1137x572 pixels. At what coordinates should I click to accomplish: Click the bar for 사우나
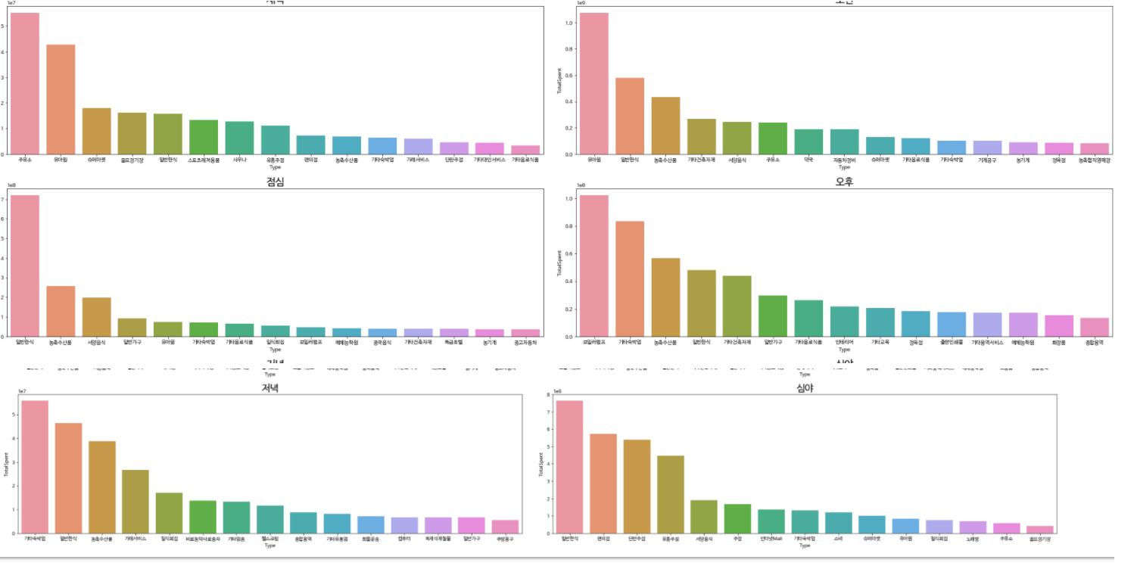[239, 138]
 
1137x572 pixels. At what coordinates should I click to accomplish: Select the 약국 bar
[808, 141]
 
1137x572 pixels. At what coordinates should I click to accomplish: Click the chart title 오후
[844, 182]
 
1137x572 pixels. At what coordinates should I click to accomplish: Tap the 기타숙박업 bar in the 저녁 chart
[35, 466]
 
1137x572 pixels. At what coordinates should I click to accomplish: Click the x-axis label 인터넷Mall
[771, 539]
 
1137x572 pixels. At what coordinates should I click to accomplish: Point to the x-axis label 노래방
[973, 539]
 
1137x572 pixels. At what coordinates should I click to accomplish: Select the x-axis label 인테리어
[844, 342]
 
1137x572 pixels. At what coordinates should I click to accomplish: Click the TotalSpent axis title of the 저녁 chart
[7, 463]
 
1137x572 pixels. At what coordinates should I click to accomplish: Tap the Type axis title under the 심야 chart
[804, 546]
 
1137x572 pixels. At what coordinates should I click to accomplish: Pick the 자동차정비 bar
[844, 141]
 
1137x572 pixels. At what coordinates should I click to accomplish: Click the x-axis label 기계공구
[986, 160]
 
